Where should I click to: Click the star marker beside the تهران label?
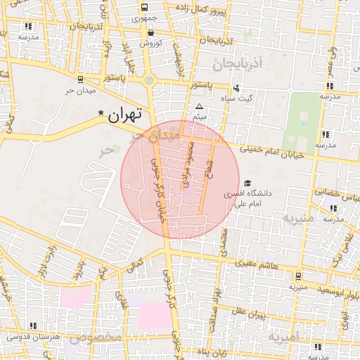pos(101,112)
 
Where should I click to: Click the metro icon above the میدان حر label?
pos(80,79)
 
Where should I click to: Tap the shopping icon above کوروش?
pos(151,32)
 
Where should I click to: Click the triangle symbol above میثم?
pos(199,106)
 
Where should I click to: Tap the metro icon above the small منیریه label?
pos(298,276)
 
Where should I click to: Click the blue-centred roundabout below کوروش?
pos(149,81)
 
